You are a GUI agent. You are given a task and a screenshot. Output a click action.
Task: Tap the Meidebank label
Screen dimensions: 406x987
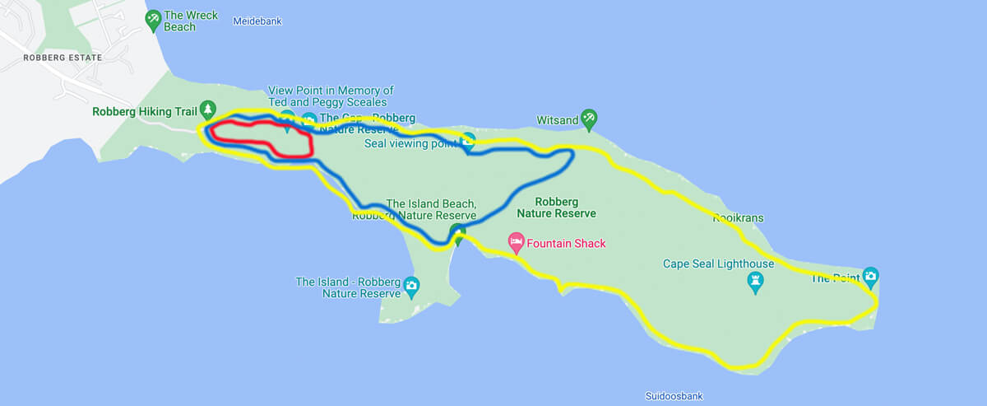click(x=257, y=21)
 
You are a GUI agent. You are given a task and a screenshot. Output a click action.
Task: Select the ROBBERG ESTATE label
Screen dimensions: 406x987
click(x=63, y=58)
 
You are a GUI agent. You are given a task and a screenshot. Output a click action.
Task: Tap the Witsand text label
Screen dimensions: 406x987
click(x=557, y=120)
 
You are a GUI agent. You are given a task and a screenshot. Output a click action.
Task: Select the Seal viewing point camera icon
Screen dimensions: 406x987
click(x=468, y=140)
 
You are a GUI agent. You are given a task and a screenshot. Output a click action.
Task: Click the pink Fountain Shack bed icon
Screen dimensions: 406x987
click(x=517, y=243)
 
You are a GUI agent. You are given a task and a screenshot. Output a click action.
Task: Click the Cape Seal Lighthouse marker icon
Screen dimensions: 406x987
click(x=755, y=283)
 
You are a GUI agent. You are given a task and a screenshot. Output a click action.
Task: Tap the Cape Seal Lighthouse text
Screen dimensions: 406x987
click(x=719, y=264)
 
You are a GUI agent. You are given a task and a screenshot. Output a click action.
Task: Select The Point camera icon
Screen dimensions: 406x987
click(x=870, y=275)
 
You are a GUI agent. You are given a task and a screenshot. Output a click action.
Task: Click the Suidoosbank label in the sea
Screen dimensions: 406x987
click(x=674, y=396)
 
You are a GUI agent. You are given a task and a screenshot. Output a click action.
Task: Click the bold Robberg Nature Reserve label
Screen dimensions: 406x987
click(x=557, y=207)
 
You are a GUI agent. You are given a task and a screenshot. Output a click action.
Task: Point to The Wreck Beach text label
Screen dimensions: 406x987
click(x=191, y=21)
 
